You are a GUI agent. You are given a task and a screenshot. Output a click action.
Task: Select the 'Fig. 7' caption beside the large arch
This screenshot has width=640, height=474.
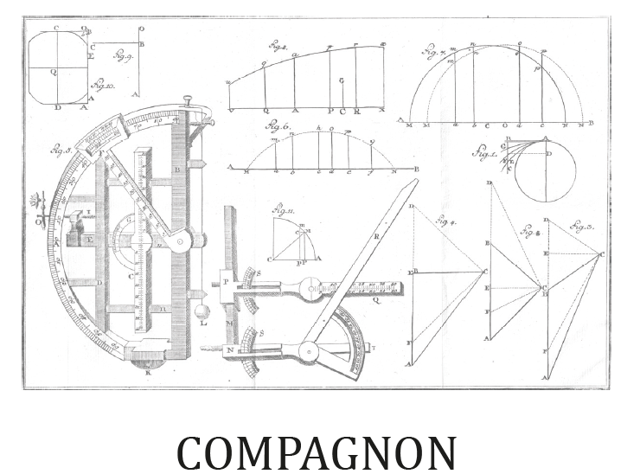[432, 53]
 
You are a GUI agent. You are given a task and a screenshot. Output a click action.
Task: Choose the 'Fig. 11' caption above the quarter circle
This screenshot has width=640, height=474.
[281, 211]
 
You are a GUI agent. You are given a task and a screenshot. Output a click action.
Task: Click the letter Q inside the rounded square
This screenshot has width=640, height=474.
[53, 73]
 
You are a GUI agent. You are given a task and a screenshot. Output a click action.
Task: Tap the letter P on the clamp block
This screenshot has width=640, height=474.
[225, 282]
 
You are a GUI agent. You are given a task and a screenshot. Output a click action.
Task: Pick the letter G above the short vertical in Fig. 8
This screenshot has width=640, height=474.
[342, 80]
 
